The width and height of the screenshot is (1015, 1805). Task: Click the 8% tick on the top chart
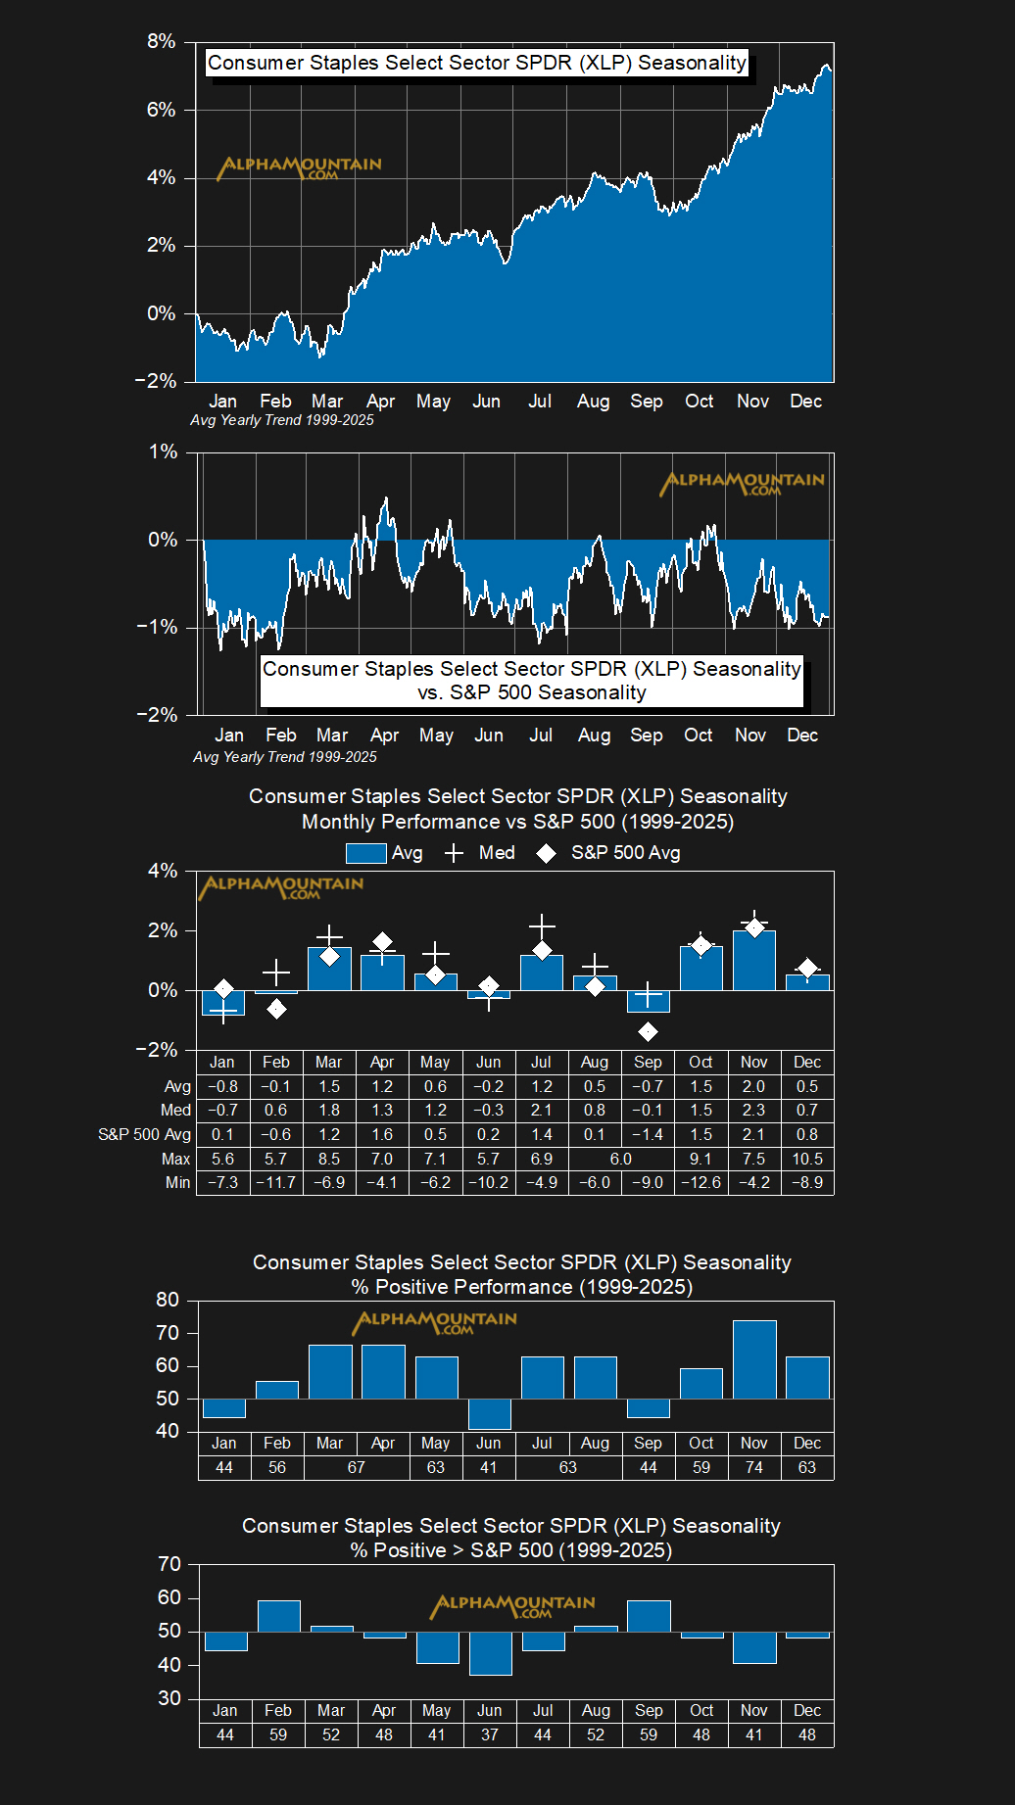point(161,41)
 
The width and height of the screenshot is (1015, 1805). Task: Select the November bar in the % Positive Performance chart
point(754,1359)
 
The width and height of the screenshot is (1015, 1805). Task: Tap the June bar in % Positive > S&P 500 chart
point(490,1653)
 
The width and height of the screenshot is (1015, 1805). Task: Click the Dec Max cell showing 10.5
point(807,1159)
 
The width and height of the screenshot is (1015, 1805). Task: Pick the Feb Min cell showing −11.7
point(276,1182)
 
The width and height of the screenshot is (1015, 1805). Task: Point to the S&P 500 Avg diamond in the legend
point(547,854)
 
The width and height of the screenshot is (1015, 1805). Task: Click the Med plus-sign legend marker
point(454,853)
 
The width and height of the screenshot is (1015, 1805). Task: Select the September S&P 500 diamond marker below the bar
point(648,1031)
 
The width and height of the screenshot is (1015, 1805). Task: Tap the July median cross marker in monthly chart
point(542,926)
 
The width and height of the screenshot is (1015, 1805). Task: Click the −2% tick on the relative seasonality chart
point(157,715)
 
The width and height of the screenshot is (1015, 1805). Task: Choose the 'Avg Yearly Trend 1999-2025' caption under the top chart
point(282,420)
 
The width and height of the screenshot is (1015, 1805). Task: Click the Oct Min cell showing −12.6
point(701,1182)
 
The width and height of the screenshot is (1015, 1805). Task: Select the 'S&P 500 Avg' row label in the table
point(145,1134)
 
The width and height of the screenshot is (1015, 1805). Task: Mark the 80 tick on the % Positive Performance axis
point(168,1300)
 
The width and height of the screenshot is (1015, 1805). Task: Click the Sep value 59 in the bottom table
point(649,1734)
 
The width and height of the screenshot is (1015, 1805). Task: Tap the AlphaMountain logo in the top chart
point(300,167)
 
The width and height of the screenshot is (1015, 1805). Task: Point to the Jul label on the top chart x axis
point(540,402)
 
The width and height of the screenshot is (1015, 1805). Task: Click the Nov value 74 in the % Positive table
point(754,1467)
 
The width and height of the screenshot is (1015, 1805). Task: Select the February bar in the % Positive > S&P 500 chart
point(278,1616)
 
